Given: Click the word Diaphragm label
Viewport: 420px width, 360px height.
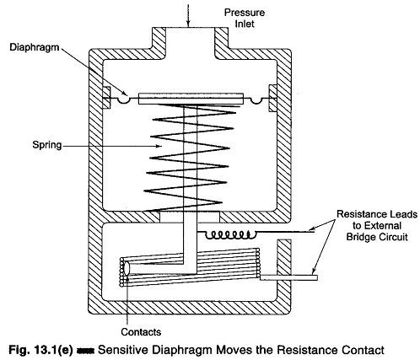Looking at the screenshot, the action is click(35, 47).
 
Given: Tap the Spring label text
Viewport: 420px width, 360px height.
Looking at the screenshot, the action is click(47, 145).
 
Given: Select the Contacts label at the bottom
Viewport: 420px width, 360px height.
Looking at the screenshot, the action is click(141, 332).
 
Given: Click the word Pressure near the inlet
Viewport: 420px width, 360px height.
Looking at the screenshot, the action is click(245, 13).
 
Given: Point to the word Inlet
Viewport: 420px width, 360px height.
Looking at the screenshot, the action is click(245, 24).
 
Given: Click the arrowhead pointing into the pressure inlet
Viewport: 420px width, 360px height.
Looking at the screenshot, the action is click(188, 24).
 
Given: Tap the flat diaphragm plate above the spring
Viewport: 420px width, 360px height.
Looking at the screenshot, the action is click(191, 99).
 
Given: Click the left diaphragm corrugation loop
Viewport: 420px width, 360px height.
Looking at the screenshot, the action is click(124, 100).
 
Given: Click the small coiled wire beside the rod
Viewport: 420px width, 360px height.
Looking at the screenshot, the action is click(231, 234).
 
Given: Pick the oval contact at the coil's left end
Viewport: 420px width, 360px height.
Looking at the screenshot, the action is click(127, 268).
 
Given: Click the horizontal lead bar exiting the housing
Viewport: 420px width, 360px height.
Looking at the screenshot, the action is click(288, 277).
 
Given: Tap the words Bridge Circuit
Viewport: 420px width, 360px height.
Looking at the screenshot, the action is click(377, 237).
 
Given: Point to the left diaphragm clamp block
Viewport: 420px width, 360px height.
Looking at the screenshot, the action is click(106, 98).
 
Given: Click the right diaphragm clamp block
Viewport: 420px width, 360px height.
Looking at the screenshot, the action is click(273, 99).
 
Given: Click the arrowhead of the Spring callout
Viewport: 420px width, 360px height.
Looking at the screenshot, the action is click(159, 146).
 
